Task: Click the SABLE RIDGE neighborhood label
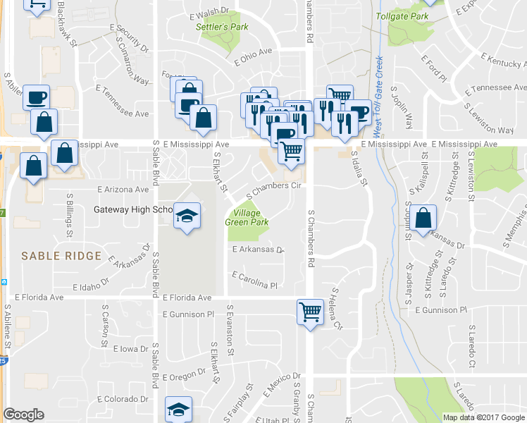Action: [57, 255]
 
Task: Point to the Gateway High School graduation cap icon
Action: [187, 214]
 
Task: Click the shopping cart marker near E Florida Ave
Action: [310, 310]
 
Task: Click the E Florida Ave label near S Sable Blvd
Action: [187, 298]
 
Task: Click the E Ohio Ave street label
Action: [254, 56]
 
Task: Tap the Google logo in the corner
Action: [23, 415]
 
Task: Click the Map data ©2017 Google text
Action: [483, 417]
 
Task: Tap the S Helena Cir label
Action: [336, 309]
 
